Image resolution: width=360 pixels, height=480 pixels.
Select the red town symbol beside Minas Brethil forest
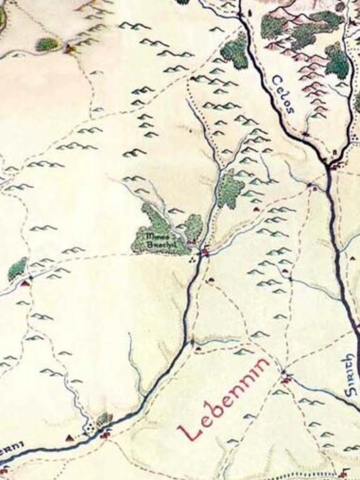205,252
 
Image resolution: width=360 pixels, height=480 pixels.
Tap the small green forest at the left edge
17,269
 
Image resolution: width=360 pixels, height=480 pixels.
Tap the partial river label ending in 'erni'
11,448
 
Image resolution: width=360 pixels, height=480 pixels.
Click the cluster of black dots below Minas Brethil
191,258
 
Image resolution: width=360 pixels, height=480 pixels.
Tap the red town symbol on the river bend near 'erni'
105,435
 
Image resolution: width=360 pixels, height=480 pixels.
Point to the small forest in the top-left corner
47,45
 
